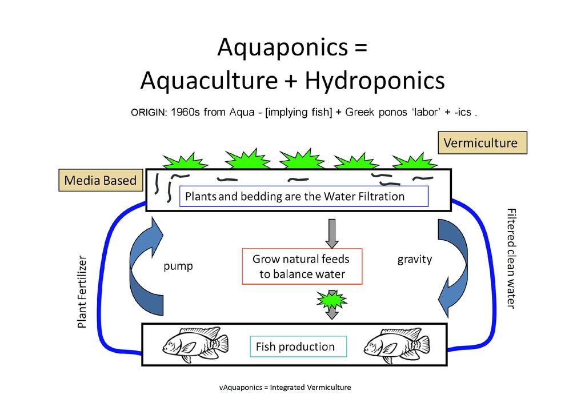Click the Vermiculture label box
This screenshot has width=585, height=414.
pos(482,143)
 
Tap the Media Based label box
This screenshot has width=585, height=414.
pos(100,181)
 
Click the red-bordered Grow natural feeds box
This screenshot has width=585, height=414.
pos(302,266)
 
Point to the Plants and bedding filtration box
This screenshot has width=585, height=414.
pos(303,196)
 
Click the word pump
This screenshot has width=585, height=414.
pos(178,266)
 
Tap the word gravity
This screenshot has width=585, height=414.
pos(414,260)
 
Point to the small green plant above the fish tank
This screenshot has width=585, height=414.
pos(331,299)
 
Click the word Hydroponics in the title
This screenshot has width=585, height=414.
pos(374,81)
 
